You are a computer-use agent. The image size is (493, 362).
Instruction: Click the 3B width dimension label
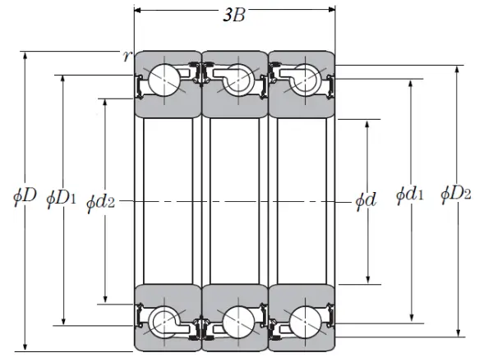tap(234, 16)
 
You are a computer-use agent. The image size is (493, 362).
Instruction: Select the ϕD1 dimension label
tap(62, 197)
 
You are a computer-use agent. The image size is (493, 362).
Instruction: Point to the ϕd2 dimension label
tap(99, 199)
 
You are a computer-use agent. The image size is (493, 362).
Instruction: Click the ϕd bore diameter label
tap(366, 199)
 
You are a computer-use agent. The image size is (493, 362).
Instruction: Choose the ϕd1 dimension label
tap(410, 195)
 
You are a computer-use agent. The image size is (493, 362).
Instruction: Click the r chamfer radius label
tap(126, 56)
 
